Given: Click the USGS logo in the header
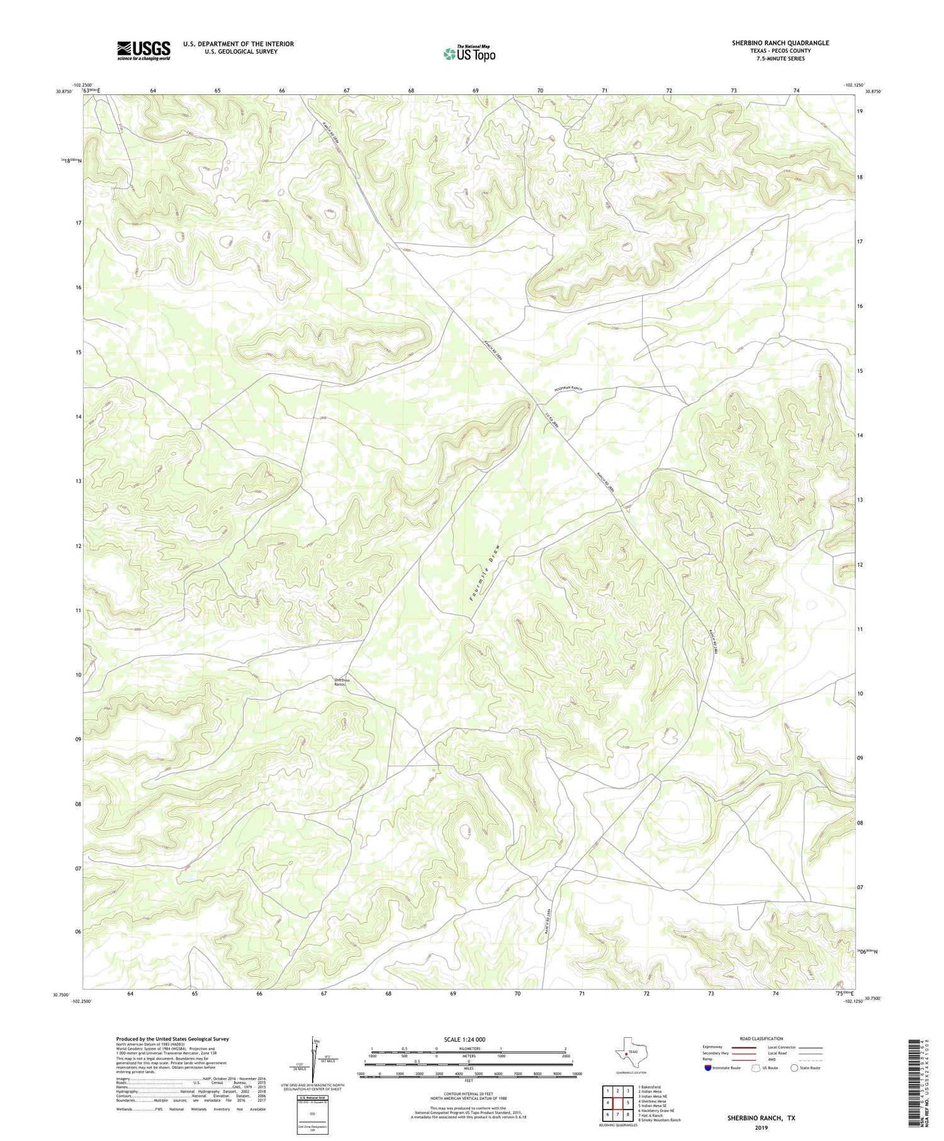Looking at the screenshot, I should pyautogui.click(x=143, y=50).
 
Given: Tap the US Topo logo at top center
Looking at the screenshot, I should pyautogui.click(x=469, y=54).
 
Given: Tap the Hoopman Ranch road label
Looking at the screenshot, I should pyautogui.click(x=568, y=390).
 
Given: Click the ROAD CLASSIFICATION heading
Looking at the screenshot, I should pyautogui.click(x=761, y=1038).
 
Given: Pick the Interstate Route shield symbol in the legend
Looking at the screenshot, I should pyautogui.click(x=708, y=1067).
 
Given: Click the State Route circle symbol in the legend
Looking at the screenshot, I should pyautogui.click(x=794, y=1067).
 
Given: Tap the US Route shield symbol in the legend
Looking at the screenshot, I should pyautogui.click(x=756, y=1067).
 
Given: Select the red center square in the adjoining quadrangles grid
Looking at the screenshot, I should pyautogui.click(x=617, y=1103).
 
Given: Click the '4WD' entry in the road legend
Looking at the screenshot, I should pyautogui.click(x=771, y=1059).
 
